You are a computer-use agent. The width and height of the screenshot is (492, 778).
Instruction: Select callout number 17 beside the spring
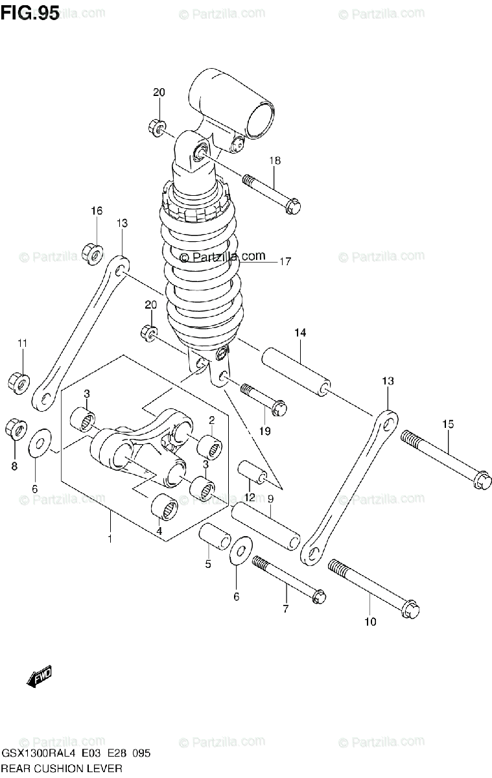tap(285, 262)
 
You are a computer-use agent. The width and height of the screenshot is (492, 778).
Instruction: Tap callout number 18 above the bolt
tap(275, 161)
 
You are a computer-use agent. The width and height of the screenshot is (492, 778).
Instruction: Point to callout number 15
tap(448, 424)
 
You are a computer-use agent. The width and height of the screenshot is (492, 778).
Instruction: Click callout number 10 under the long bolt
tap(369, 622)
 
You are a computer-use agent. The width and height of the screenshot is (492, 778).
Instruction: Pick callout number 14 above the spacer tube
tap(301, 333)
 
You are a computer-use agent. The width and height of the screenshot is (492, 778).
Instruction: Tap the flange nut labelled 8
tap(15, 428)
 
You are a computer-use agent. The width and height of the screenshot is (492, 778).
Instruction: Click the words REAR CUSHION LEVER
tap(62, 768)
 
